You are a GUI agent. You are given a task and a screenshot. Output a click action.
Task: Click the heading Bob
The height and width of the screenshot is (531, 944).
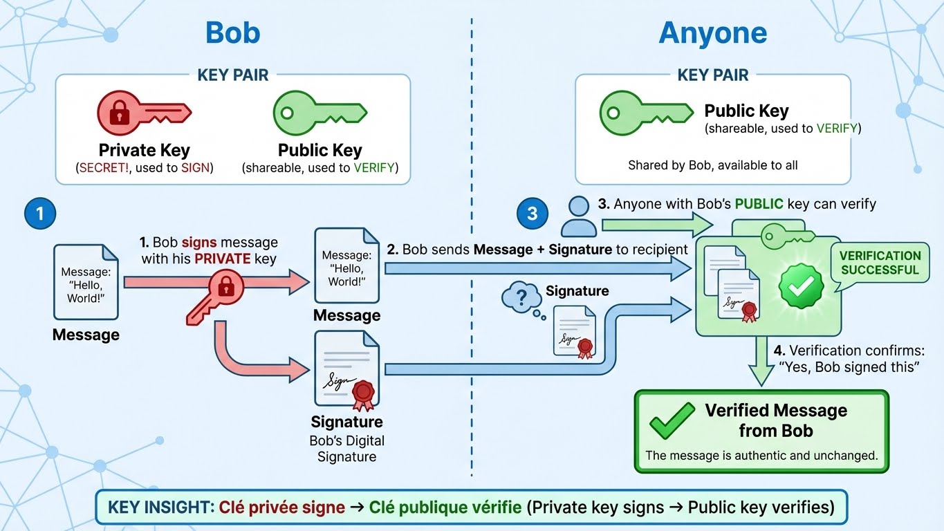pos(232,32)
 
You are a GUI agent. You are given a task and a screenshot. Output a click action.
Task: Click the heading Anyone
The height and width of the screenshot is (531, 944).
pos(712,32)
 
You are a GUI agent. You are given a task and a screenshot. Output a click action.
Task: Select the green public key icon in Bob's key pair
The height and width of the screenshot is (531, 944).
pos(319,113)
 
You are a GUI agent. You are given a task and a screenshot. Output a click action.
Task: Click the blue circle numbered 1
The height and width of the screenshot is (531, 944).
pos(39,213)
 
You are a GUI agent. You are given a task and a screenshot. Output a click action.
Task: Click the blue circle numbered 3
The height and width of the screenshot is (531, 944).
pos(532,213)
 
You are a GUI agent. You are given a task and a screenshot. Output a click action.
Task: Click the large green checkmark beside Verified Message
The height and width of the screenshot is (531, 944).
pos(671,420)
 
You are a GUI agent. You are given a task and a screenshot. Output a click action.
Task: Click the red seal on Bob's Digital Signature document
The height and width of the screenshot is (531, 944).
pos(363,392)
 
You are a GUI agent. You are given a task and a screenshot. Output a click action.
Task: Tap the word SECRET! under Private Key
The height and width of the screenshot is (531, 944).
pos(106,167)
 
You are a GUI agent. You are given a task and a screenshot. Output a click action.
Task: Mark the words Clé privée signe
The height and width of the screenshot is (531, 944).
pos(282,507)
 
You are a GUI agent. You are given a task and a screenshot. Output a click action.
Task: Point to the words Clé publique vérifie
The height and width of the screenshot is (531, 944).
pos(445,507)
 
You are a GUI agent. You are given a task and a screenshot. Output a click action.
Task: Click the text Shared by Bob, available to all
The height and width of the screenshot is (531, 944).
pos(712,165)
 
